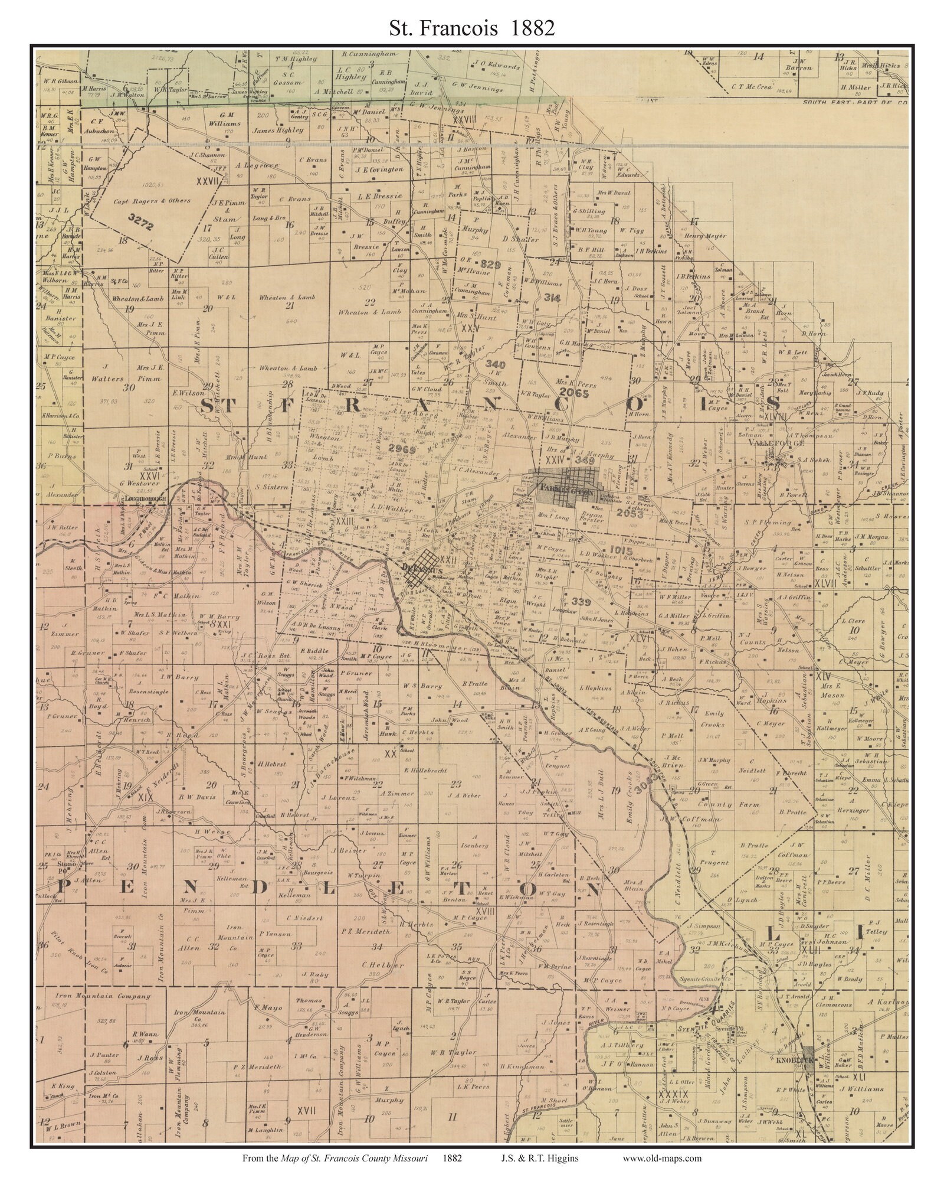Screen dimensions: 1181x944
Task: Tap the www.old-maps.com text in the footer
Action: tap(662, 1158)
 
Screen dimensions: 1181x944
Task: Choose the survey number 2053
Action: tap(626, 514)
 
